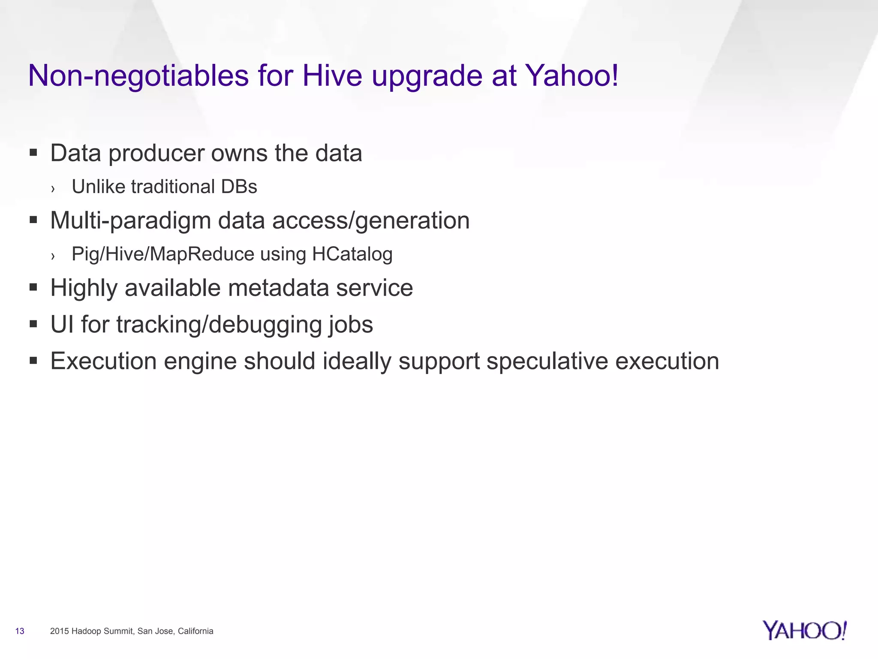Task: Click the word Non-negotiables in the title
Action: (x=138, y=76)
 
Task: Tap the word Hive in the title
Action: (x=332, y=76)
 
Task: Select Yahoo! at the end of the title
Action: (x=572, y=76)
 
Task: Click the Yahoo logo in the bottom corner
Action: (x=805, y=631)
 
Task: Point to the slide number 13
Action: (x=20, y=631)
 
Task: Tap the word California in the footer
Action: (x=195, y=631)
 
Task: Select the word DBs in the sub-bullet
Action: (x=239, y=187)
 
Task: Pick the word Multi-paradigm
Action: (x=130, y=221)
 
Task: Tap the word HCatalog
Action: (x=352, y=254)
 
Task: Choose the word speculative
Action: (x=547, y=361)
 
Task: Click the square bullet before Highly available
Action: (x=33, y=287)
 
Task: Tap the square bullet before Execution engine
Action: (x=33, y=360)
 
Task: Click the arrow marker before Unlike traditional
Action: (x=53, y=188)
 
